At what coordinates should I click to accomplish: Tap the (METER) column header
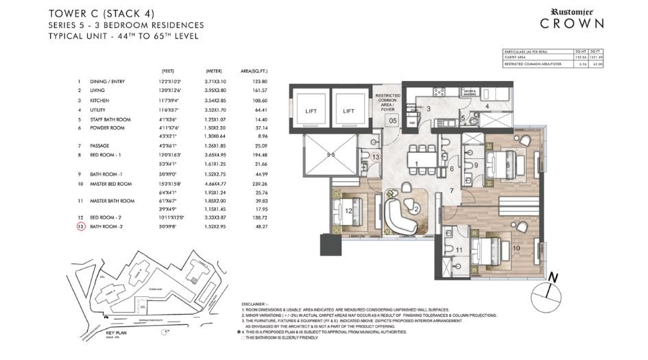(213, 71)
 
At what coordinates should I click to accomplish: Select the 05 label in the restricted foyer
(393, 121)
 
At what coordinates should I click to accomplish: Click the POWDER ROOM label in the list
(114, 128)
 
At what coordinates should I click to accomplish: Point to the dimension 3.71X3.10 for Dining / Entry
(215, 81)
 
